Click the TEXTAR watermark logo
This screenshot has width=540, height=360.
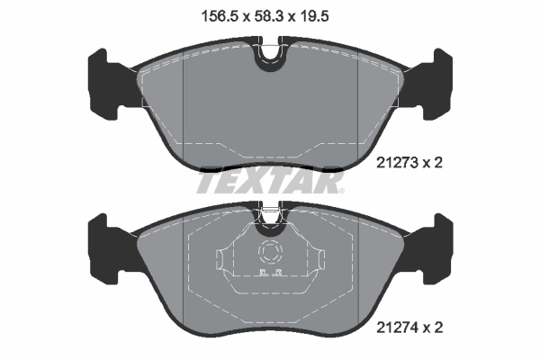click(x=269, y=183)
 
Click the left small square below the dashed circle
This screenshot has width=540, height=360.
click(x=262, y=272)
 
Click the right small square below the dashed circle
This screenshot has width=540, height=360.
click(x=279, y=272)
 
